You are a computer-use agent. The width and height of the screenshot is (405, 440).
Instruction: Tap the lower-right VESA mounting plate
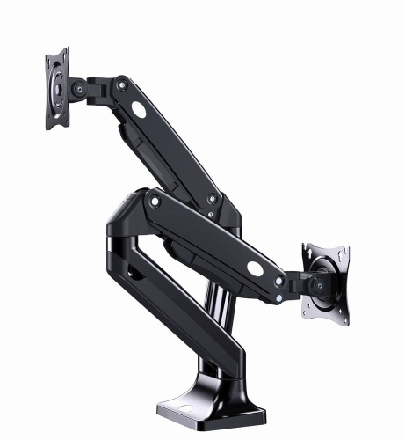pyautogui.click(x=328, y=283)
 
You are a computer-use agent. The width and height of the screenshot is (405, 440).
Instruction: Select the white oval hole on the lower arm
pyautogui.click(x=256, y=267)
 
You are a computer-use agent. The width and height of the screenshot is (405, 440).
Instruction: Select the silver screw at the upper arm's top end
pyautogui.click(x=122, y=85)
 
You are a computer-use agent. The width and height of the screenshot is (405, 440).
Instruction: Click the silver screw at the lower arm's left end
pyautogui.click(x=155, y=202)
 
